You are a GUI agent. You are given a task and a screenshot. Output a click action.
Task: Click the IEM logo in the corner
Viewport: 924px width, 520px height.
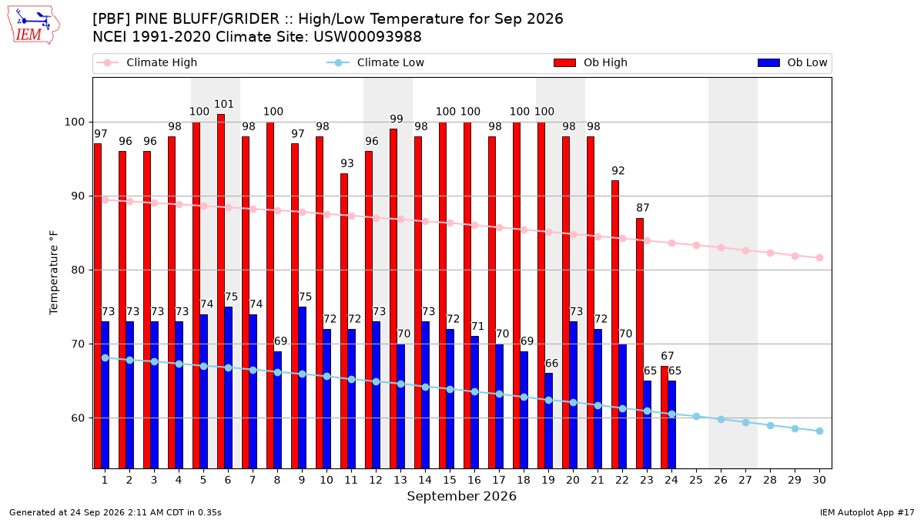tap(34, 25)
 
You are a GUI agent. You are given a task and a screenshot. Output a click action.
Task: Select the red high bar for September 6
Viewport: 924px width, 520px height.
tap(221, 291)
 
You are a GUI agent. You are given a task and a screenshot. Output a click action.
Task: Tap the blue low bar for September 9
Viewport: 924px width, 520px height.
tap(302, 387)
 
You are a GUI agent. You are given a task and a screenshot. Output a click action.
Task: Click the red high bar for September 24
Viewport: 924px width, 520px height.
tap(665, 418)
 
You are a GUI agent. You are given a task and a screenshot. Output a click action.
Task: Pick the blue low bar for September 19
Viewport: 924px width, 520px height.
tap(548, 421)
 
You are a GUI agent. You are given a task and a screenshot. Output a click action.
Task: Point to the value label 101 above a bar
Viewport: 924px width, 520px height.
tap(224, 104)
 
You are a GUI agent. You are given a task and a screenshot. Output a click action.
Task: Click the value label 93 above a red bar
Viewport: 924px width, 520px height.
tap(347, 163)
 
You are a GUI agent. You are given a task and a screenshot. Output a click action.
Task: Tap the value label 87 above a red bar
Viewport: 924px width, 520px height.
tap(643, 207)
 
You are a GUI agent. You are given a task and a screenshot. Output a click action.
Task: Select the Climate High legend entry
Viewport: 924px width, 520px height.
tap(146, 62)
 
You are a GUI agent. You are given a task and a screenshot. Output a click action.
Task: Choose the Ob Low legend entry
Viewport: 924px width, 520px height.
tap(792, 62)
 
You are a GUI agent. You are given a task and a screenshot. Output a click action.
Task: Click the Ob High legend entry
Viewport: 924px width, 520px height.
tap(591, 62)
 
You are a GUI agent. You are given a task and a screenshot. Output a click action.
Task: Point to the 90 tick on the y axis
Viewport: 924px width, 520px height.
tap(78, 196)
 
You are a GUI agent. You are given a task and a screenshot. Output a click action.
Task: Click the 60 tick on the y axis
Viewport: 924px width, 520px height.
tap(78, 418)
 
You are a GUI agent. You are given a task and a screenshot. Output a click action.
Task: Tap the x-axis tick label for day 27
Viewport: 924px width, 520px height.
tap(745, 480)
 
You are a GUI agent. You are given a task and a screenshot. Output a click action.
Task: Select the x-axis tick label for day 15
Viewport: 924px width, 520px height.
tap(450, 480)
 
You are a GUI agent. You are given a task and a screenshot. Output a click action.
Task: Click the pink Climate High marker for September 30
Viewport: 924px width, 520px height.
tap(819, 257)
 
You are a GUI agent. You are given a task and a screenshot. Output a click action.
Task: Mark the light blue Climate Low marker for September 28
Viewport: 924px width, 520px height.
tap(770, 425)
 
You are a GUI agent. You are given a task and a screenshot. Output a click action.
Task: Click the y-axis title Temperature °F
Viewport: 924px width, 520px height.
tap(54, 273)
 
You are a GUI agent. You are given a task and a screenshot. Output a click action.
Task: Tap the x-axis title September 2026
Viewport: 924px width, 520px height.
tap(461, 496)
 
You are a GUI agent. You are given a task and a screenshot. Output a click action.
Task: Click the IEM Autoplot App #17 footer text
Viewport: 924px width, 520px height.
tap(867, 512)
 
